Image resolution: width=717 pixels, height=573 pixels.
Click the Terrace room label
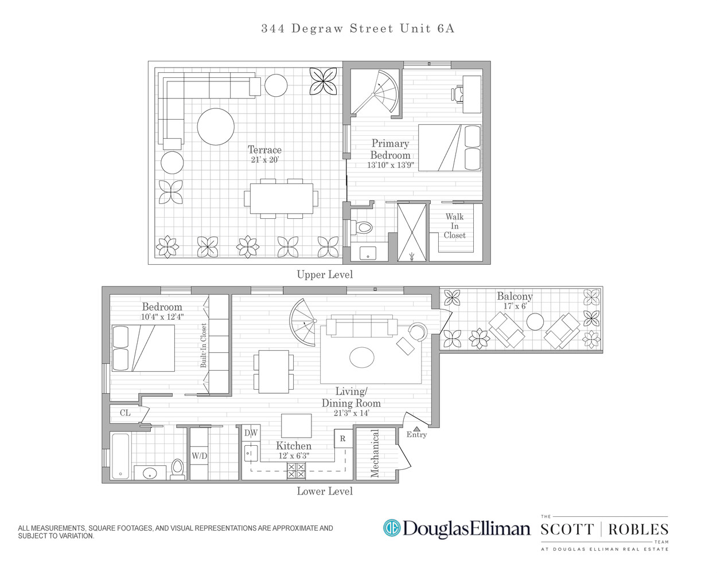pyautogui.click(x=264, y=150)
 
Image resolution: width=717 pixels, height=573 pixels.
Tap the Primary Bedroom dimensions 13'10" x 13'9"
pyautogui.click(x=390, y=165)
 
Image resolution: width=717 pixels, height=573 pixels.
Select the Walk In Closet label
pyautogui.click(x=454, y=226)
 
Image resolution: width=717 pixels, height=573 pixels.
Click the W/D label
pyautogui.click(x=199, y=456)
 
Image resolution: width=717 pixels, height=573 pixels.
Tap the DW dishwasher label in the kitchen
pyautogui.click(x=251, y=433)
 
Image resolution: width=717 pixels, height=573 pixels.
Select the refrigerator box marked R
pyautogui.click(x=343, y=439)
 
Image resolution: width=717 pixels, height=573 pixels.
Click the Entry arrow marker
pyautogui.click(x=416, y=428)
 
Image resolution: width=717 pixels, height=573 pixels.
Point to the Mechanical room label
pyautogui.click(x=375, y=454)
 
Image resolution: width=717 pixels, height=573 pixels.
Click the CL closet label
pyautogui.click(x=125, y=413)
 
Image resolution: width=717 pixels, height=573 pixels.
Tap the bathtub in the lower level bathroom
pyautogui.click(x=120, y=456)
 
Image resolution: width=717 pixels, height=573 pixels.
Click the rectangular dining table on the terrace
pyautogui.click(x=281, y=198)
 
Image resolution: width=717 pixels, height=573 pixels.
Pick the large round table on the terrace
pyautogui.click(x=216, y=127)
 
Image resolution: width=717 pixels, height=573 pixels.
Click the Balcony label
pyautogui.click(x=515, y=296)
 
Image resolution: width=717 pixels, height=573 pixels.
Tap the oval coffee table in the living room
pyautogui.click(x=362, y=358)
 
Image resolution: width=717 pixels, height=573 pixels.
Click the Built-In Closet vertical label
pyautogui.click(x=203, y=345)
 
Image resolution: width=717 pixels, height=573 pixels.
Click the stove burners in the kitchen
pyautogui.click(x=296, y=471)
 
